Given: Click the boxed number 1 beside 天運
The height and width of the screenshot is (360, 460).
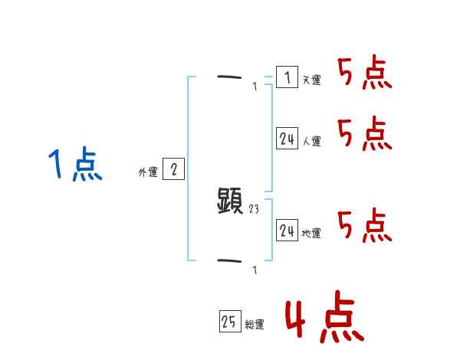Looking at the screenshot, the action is [x=287, y=77].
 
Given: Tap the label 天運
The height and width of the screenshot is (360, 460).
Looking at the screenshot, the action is [x=311, y=80].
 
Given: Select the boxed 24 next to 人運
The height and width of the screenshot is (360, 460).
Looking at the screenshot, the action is [x=287, y=139].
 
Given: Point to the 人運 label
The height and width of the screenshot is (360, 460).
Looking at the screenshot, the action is [x=311, y=141].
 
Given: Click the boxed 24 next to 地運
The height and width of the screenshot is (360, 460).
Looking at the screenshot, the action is [x=287, y=231].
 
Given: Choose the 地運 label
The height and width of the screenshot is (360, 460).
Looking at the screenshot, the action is [x=311, y=233].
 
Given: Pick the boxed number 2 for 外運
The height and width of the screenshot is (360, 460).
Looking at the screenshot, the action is [x=173, y=169].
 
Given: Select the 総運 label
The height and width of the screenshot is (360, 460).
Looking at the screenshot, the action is [x=255, y=325].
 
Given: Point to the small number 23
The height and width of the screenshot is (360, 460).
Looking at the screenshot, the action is [x=255, y=208].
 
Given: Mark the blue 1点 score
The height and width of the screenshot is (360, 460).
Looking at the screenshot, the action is [x=74, y=165].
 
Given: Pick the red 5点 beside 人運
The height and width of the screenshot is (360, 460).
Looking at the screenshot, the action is [x=365, y=134].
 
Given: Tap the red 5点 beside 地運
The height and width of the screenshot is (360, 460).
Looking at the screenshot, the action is [x=365, y=225].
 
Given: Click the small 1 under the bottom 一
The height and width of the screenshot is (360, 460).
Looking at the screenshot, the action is [x=255, y=270].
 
